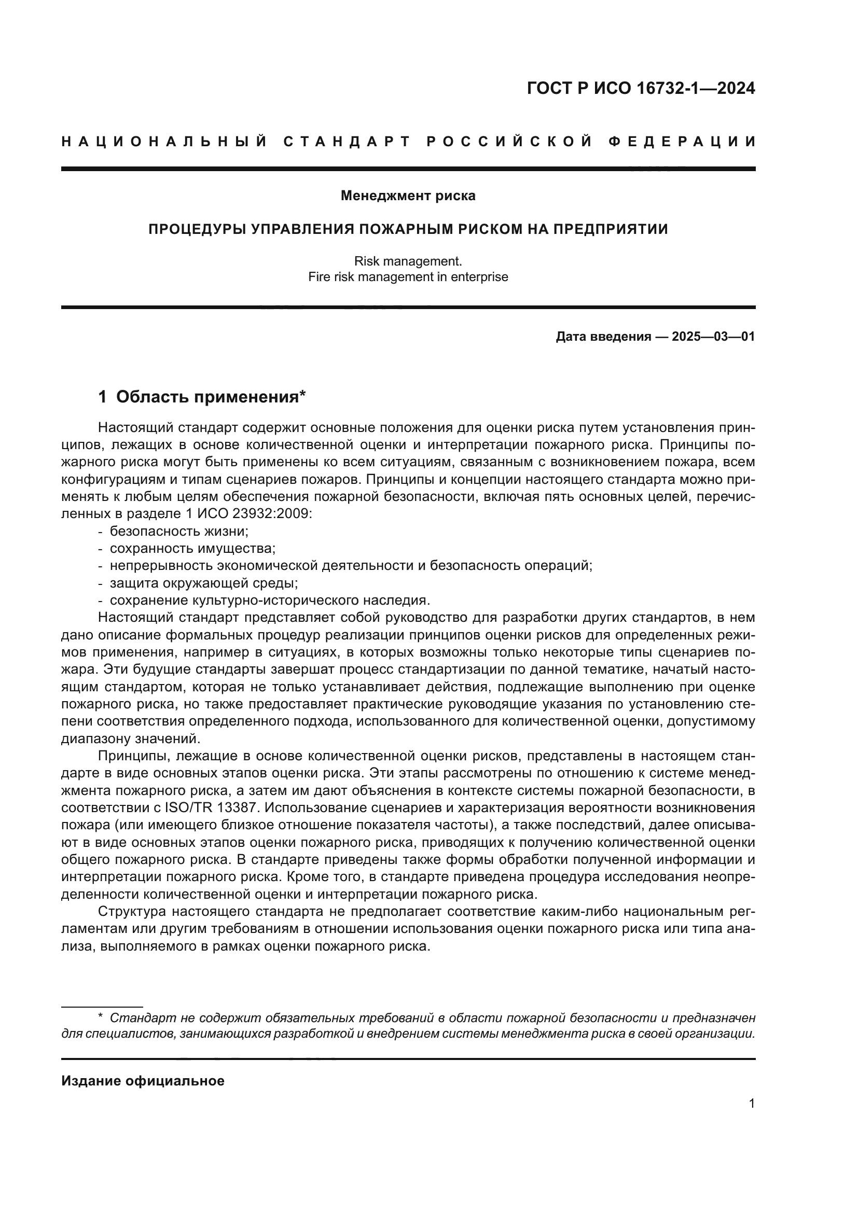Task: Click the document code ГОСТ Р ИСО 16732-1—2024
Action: point(640,88)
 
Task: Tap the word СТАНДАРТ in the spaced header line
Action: point(347,142)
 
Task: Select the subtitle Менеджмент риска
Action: point(408,196)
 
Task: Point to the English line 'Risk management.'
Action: point(408,261)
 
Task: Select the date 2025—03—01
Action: point(713,337)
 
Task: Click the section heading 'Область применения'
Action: point(207,397)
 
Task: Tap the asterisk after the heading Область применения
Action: point(303,394)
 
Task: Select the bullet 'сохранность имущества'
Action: point(192,548)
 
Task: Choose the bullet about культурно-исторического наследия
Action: point(269,600)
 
